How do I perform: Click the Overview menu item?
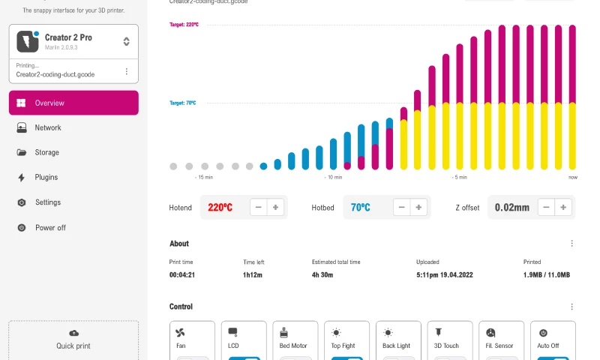click(73, 103)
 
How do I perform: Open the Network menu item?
click(48, 127)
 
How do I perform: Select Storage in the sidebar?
click(46, 152)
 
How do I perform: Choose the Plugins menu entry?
click(46, 178)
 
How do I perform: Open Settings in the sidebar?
click(48, 202)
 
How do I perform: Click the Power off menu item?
click(50, 227)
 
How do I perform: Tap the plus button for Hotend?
click(276, 208)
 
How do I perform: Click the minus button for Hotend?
click(259, 208)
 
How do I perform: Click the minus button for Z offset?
click(547, 208)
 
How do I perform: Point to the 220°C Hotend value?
click(220, 208)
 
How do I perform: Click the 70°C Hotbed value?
click(361, 208)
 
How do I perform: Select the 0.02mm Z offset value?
click(512, 208)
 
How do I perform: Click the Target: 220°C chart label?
click(184, 25)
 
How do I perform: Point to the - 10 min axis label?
click(333, 178)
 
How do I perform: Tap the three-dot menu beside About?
click(571, 244)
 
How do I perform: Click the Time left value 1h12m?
click(252, 275)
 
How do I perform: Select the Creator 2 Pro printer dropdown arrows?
click(127, 42)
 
